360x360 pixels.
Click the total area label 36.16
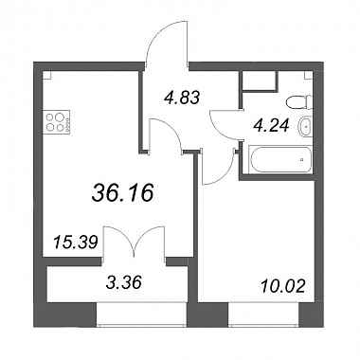coord(122,193)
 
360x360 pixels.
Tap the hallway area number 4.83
coord(182,98)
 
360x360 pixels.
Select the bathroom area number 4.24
coord(271,126)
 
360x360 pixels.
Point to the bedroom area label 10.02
coord(283,286)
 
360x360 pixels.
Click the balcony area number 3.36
coord(123,282)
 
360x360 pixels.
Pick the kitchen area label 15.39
coord(75,243)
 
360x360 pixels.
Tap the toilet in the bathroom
coord(298,102)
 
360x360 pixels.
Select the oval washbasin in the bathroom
coord(305,126)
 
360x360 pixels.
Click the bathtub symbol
coord(280,159)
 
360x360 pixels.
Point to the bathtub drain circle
coord(302,159)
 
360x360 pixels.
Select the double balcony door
coord(135,242)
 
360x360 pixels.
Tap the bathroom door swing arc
coord(217,130)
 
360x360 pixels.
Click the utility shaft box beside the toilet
coord(259,81)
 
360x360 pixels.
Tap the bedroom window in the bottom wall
coord(263,314)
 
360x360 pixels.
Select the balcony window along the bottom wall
coord(142,314)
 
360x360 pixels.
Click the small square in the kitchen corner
coord(46,75)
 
